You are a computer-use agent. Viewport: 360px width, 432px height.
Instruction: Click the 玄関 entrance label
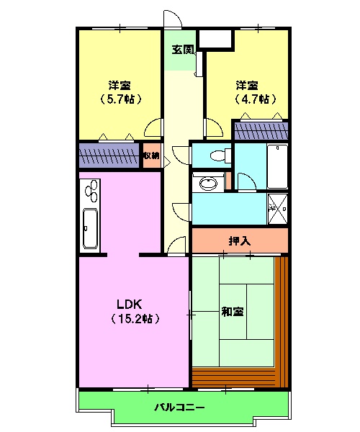pyautogui.click(x=182, y=50)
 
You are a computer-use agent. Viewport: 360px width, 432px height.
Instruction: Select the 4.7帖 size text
pyautogui.click(x=255, y=99)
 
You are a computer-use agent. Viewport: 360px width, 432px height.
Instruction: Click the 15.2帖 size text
pyautogui.click(x=135, y=318)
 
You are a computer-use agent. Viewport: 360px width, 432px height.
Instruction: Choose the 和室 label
pyautogui.click(x=232, y=312)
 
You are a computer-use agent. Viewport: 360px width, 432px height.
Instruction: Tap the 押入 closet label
pyautogui.click(x=239, y=240)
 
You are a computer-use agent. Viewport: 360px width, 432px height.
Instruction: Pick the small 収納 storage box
pyautogui.click(x=151, y=156)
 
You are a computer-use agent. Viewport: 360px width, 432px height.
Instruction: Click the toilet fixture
pyautogui.click(x=215, y=154)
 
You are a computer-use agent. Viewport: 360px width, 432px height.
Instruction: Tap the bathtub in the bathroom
pyautogui.click(x=277, y=166)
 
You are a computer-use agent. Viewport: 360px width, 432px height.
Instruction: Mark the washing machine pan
pyautogui.click(x=278, y=207)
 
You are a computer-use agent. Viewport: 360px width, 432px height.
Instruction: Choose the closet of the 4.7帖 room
pyautogui.click(x=261, y=131)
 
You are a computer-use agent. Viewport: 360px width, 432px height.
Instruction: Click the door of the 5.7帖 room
pyautogui.click(x=153, y=128)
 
